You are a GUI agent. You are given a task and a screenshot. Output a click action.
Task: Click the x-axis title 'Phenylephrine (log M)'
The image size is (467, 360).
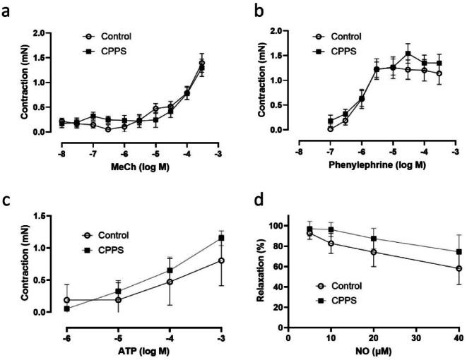(379, 165)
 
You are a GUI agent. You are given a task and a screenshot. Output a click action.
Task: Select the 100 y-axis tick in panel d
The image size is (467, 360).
(276, 226)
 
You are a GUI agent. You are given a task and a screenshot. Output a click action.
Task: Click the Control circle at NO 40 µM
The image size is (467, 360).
(459, 269)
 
